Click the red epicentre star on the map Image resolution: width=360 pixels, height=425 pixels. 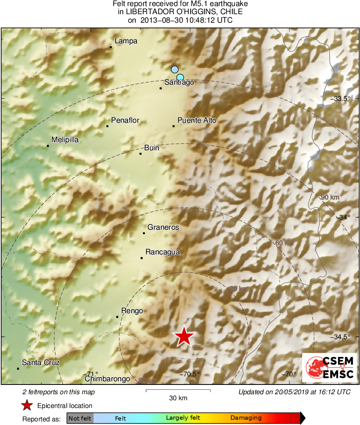tap(184, 336)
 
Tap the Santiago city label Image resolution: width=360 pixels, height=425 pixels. tap(179, 82)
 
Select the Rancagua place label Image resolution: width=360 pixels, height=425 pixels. tap(162, 252)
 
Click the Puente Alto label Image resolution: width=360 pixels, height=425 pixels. tap(197, 120)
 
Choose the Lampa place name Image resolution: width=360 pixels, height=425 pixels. tap(126, 41)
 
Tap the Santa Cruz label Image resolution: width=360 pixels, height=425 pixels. tap(40, 362)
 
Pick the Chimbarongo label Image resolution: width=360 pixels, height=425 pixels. tap(107, 379)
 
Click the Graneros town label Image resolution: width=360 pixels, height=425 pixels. tap(163, 227)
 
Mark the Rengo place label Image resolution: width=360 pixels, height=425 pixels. tap(132, 311)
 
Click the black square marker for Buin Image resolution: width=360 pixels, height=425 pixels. tap(141, 154)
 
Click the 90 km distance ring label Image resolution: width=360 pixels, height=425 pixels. tap(329, 197)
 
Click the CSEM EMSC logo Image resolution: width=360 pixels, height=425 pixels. tap(329, 367)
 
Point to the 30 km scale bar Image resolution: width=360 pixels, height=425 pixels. tap(178, 391)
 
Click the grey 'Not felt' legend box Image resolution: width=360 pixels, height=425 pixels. tap(80, 418)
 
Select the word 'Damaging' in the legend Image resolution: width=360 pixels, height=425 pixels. tap(246, 418)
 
